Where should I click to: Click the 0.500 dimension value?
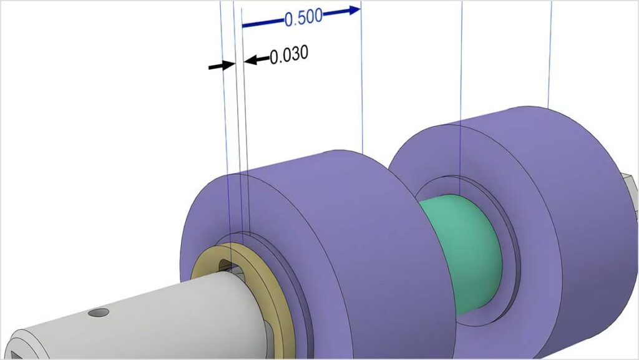tap(303, 17)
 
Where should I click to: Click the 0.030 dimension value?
tap(289, 55)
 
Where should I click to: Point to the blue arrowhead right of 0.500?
tap(354, 9)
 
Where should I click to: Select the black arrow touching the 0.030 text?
tap(255, 60)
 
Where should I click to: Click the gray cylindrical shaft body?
tap(156, 318)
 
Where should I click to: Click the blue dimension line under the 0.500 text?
tap(262, 24)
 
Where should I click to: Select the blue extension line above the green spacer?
tap(461, 94)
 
